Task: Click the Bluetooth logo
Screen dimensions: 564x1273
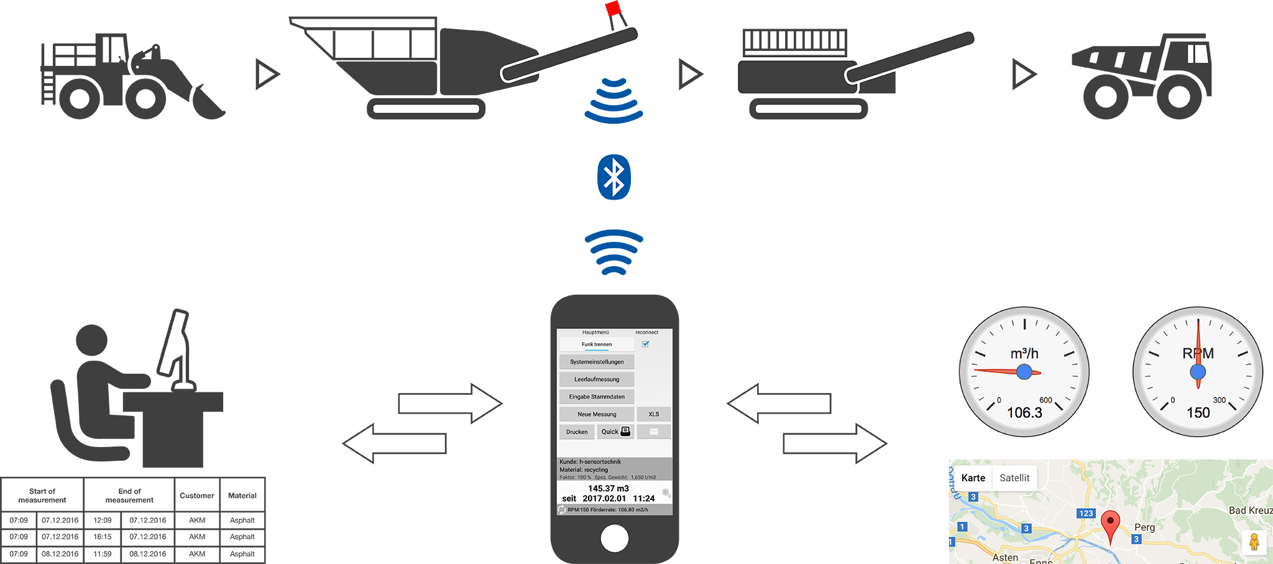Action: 614,177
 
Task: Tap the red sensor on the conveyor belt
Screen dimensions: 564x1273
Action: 614,9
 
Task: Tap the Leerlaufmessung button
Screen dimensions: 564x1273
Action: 596,379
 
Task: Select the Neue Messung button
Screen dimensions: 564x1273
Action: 596,414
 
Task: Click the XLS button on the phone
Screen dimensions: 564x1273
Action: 653,414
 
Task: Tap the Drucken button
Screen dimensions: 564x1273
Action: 576,432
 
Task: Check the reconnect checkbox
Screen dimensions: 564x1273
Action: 646,344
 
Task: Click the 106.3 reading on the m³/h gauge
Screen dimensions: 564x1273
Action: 1024,413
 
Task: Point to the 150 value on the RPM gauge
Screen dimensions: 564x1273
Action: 1198,413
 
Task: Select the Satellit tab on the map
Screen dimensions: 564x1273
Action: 1014,478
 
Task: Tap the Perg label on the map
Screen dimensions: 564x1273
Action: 1144,527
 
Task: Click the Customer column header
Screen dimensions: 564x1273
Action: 196,496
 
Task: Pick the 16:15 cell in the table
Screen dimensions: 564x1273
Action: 103,537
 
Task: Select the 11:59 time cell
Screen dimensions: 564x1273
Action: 103,553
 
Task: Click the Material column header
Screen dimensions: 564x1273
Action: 242,496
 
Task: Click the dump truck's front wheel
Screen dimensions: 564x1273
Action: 1179,96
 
